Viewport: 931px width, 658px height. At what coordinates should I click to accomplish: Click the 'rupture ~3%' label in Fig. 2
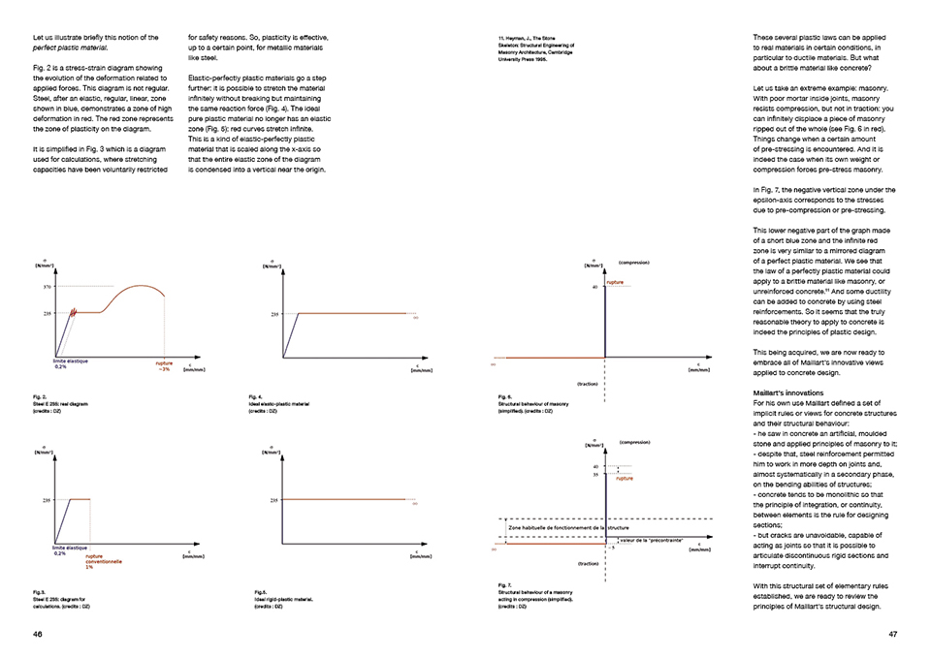pos(165,365)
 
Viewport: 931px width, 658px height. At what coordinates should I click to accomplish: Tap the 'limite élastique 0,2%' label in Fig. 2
pos(66,363)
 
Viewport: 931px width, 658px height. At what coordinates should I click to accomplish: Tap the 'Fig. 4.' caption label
pos(256,396)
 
